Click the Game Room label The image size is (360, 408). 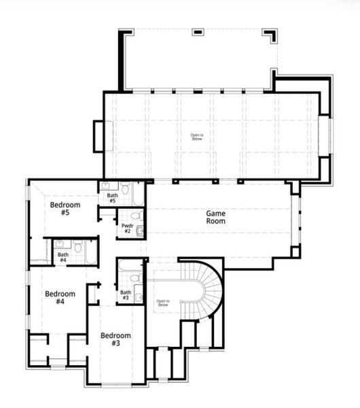pyautogui.click(x=215, y=217)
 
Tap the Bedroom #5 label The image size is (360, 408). pyautogui.click(x=65, y=209)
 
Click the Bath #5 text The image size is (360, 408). pyautogui.click(x=112, y=198)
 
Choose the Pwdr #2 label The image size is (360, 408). pyautogui.click(x=126, y=228)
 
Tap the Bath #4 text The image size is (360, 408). pyautogui.click(x=62, y=258)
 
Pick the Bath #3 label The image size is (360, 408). pyautogui.click(x=125, y=295)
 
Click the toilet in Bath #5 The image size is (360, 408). pyautogui.click(x=126, y=187)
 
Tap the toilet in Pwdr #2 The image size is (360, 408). pyautogui.click(x=135, y=216)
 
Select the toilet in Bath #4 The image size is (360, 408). pyautogui.click(x=77, y=247)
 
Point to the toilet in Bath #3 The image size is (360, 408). pyautogui.click(x=136, y=278)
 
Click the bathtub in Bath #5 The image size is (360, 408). pyautogui.click(x=138, y=193)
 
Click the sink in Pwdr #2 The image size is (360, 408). pyautogui.click(x=140, y=231)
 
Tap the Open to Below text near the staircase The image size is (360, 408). pyautogui.click(x=162, y=303)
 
